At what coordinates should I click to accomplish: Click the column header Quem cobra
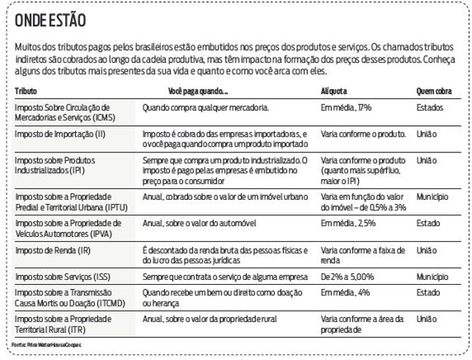(x=433, y=92)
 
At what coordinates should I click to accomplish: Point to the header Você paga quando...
(x=198, y=92)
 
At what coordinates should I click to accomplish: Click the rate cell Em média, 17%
(x=347, y=107)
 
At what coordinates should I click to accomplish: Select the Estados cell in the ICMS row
(x=429, y=107)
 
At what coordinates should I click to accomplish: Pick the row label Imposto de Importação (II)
(x=61, y=134)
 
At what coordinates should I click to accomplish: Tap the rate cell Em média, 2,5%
(x=348, y=223)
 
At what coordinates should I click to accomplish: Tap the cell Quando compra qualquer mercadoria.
(x=205, y=107)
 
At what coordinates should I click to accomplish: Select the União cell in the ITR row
(x=426, y=318)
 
